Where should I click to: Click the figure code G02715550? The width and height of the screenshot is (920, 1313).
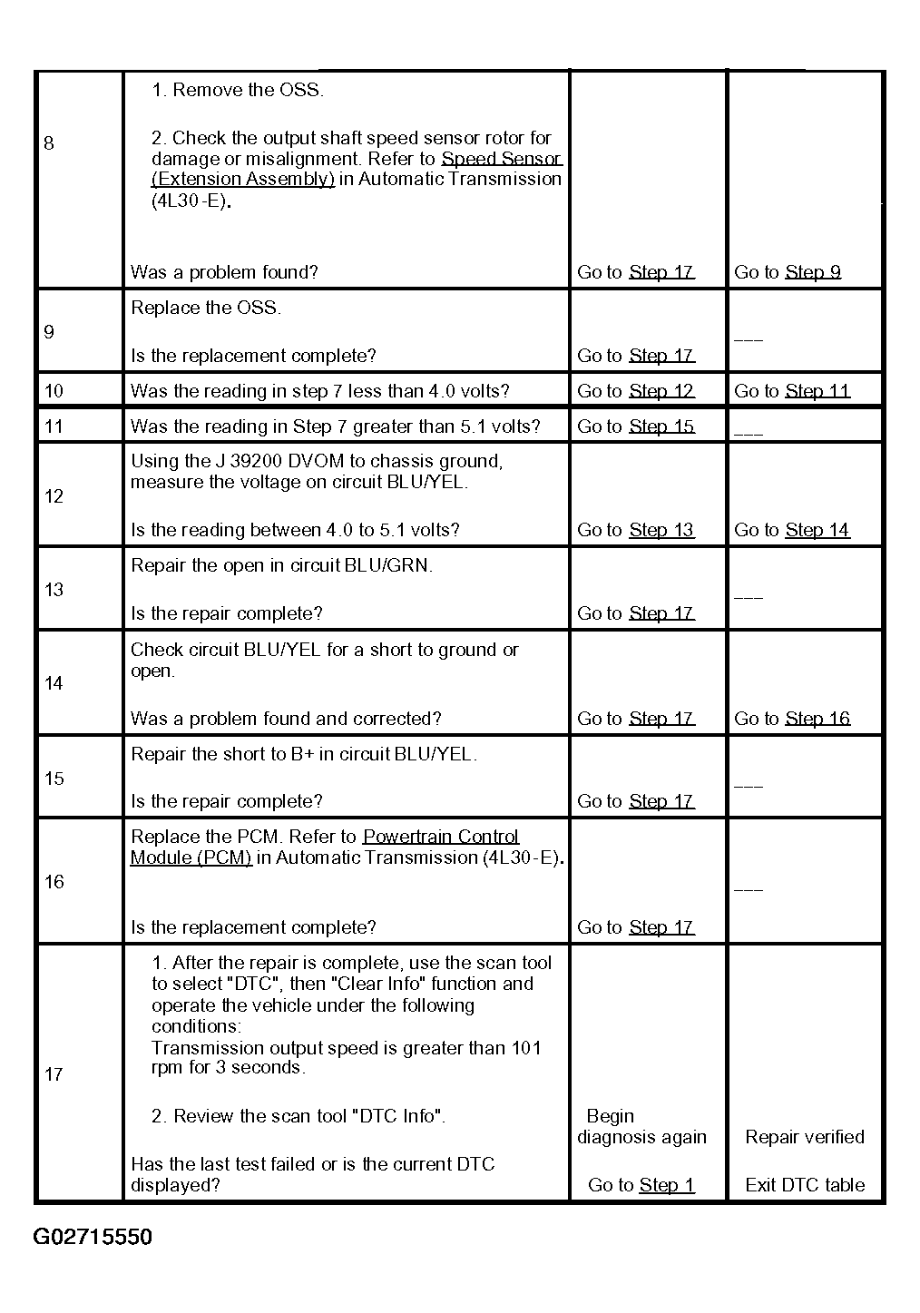click(93, 1237)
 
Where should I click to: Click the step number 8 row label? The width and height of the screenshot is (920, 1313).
click(49, 143)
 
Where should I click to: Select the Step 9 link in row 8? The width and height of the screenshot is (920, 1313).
click(813, 272)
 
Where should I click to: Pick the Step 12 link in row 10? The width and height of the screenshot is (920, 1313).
click(661, 391)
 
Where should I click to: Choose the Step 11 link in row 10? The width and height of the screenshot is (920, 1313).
click(817, 391)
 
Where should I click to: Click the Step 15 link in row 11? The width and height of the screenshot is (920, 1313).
click(661, 426)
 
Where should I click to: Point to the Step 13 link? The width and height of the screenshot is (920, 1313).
click(661, 530)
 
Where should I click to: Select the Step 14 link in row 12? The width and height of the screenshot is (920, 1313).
click(817, 530)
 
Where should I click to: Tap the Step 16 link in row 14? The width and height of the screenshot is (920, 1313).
click(817, 719)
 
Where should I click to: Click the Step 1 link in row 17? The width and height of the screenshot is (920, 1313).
click(667, 1185)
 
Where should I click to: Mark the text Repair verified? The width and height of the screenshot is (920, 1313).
click(805, 1137)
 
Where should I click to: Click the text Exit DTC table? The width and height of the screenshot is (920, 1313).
click(805, 1185)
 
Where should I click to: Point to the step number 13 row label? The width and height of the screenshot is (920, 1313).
click(54, 590)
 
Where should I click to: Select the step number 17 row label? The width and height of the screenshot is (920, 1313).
click(54, 1074)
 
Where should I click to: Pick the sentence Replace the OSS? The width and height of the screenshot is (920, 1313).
click(206, 308)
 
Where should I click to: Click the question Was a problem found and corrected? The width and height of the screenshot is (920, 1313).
click(286, 719)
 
